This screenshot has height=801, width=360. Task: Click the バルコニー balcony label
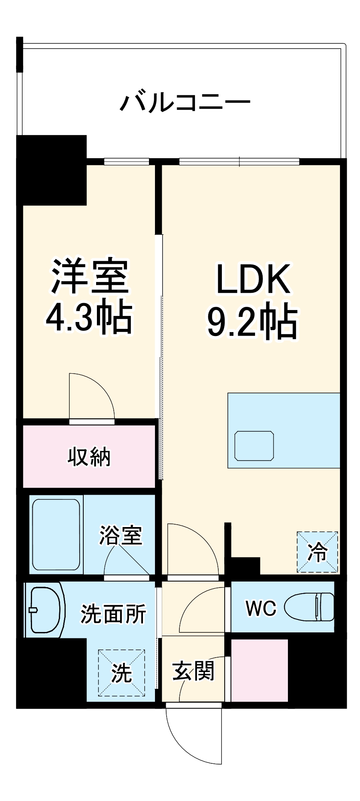185,103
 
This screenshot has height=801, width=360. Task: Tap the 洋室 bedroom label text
89,277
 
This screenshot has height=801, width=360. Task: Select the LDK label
253,279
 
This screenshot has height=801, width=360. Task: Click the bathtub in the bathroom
56,534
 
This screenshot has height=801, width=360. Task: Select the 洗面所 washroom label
113,613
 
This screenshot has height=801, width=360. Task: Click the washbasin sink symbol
44,610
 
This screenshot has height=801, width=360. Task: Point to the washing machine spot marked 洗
121,672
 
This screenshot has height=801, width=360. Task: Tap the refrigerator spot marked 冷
317,552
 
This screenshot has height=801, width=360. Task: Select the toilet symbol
310,607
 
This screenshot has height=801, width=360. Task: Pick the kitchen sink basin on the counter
254,445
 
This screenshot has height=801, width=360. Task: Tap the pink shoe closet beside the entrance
259,670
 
